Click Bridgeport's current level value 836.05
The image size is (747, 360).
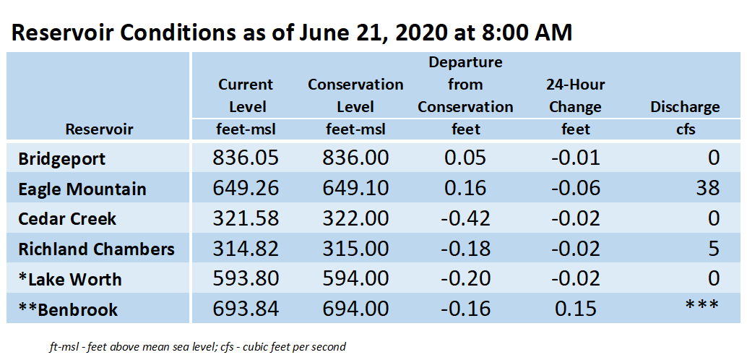pyautogui.click(x=246, y=158)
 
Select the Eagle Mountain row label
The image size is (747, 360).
pyautogui.click(x=82, y=189)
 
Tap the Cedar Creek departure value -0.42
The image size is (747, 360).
pyautogui.click(x=465, y=219)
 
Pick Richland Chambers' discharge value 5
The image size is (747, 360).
pyautogui.click(x=713, y=249)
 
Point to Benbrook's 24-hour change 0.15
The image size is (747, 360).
pyautogui.click(x=576, y=309)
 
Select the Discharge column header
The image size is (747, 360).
pyautogui.click(x=685, y=107)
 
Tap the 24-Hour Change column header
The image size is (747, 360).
pyautogui.click(x=576, y=96)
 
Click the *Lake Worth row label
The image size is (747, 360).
pyautogui.click(x=69, y=280)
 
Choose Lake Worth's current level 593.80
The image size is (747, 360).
pyautogui.click(x=246, y=280)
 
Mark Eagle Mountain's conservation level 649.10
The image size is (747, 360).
pyautogui.click(x=355, y=189)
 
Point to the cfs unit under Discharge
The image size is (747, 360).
pyautogui.click(x=685, y=129)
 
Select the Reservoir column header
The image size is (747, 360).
pyautogui.click(x=99, y=129)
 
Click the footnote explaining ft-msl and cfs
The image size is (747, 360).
pyautogui.click(x=197, y=347)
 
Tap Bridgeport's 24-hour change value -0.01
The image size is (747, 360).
pyautogui.click(x=576, y=158)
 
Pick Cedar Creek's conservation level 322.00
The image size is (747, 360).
pyautogui.click(x=355, y=219)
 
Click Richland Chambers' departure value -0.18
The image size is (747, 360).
pyautogui.click(x=465, y=249)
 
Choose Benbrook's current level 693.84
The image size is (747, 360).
pyautogui.click(x=246, y=309)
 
